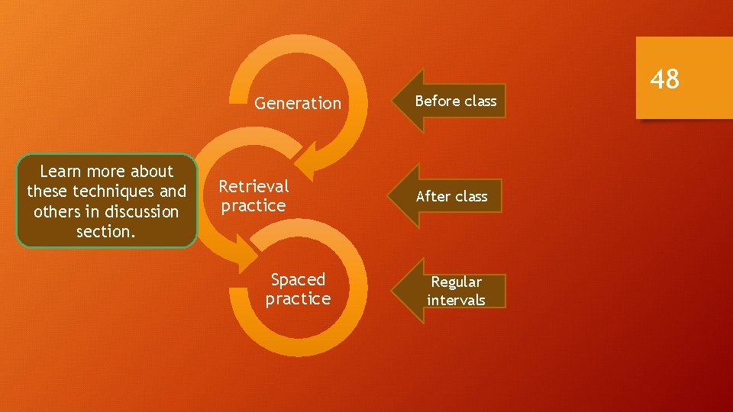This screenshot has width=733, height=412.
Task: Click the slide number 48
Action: tap(664, 78)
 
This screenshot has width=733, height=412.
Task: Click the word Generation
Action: tap(298, 103)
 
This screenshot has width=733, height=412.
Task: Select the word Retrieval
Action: tap(253, 186)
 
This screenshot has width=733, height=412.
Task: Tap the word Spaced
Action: tap(298, 279)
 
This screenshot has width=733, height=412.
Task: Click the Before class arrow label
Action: tap(456, 101)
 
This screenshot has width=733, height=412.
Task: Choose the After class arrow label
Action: tap(451, 196)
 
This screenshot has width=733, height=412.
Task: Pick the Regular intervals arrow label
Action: tap(456, 291)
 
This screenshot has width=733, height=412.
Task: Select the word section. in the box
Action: tap(106, 231)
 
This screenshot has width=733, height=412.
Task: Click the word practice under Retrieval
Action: tap(253, 205)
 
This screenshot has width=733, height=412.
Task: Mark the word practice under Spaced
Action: tap(298, 298)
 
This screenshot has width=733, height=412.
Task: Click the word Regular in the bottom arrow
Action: tap(456, 282)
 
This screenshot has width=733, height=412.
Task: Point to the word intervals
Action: tap(456, 300)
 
